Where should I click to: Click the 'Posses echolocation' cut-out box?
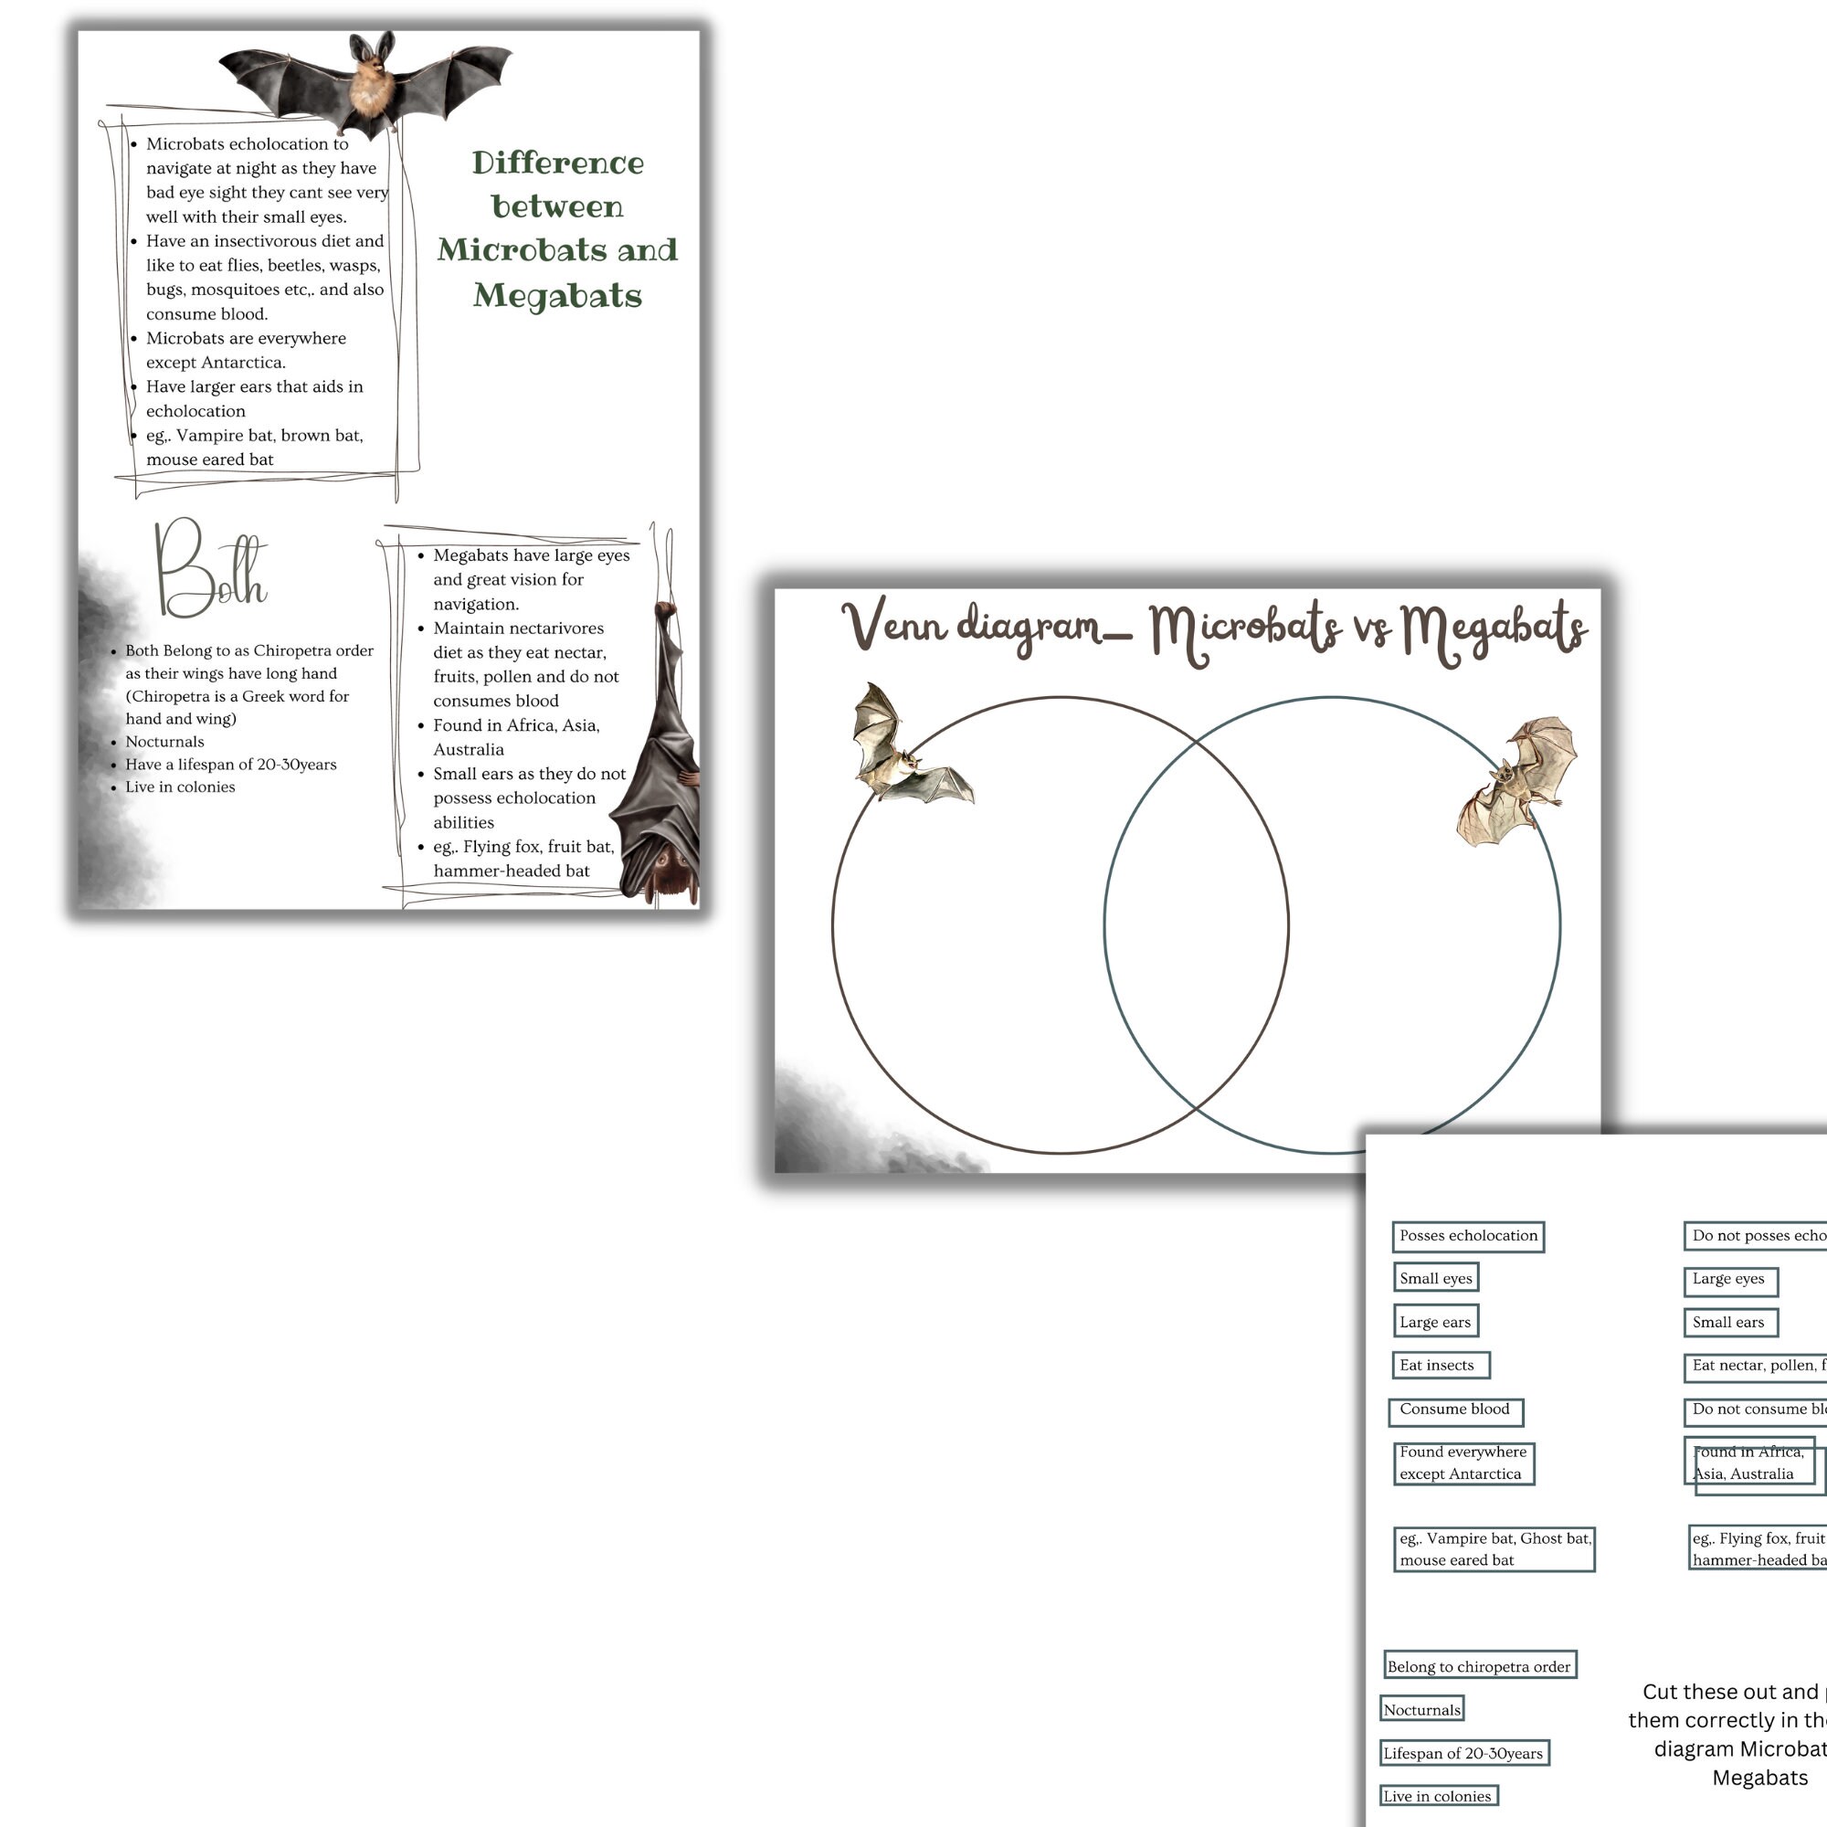1468,1236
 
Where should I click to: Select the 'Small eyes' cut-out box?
1435,1278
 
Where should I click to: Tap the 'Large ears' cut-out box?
1435,1321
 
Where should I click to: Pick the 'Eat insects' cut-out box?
1442,1365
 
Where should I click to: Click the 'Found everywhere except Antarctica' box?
1463,1463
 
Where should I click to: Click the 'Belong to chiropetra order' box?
1479,1665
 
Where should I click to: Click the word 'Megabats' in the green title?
557,295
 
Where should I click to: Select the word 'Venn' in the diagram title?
893,625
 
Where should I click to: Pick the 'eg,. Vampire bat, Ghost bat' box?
1494,1549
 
